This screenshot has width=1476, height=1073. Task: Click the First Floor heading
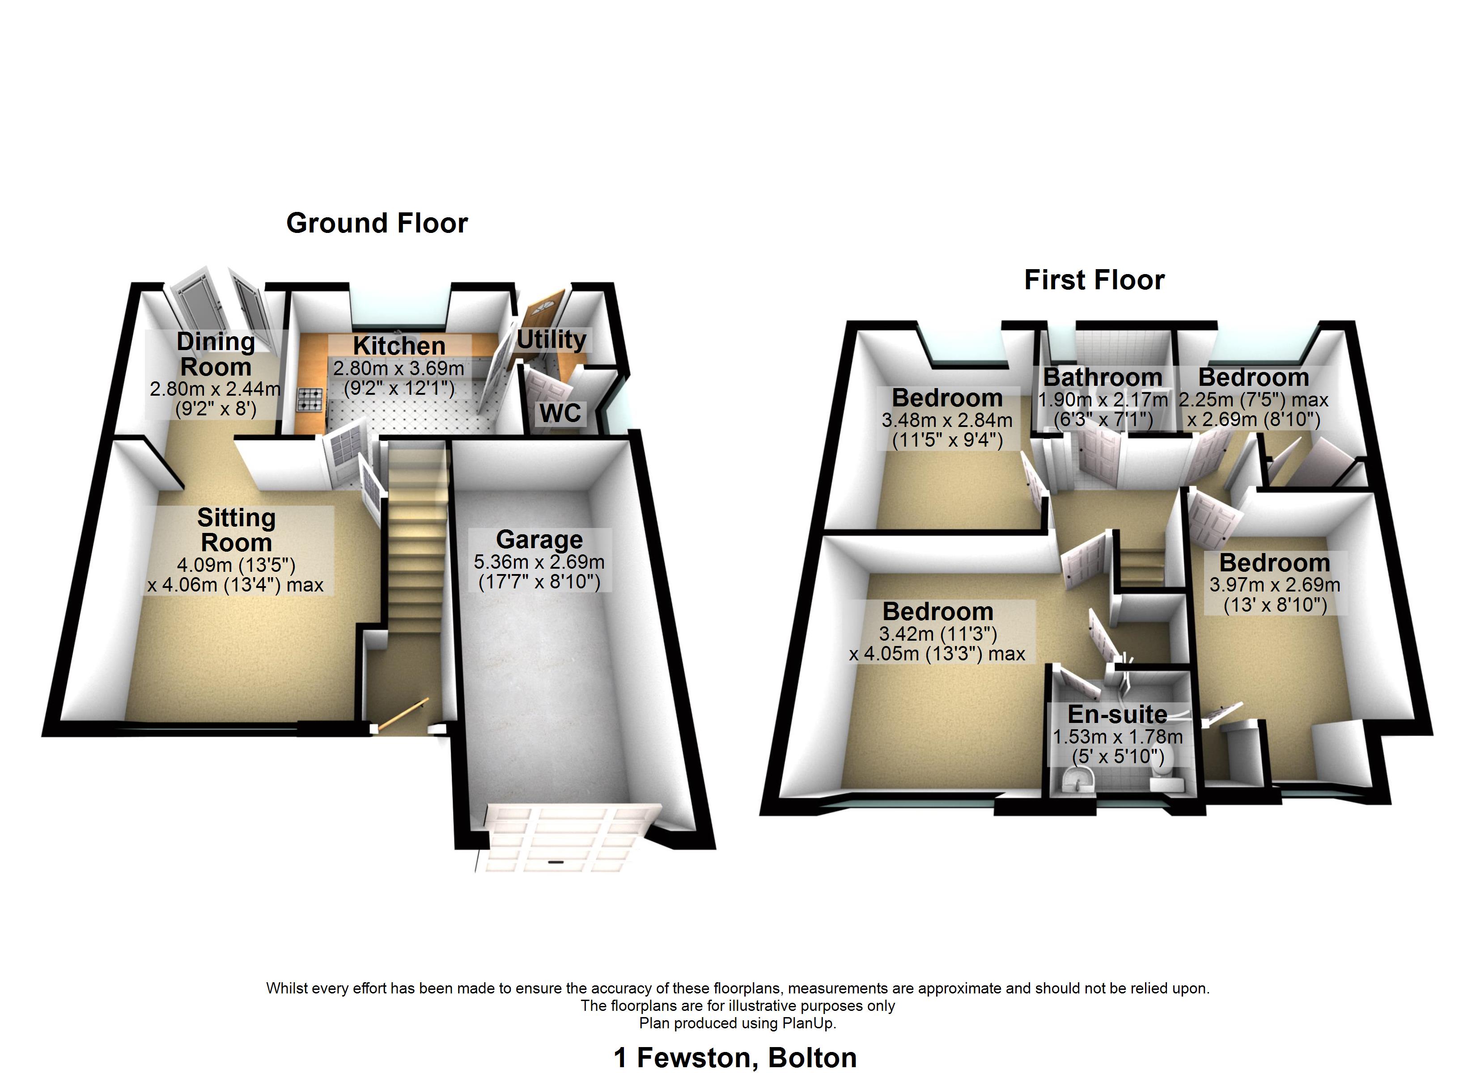pyautogui.click(x=1094, y=280)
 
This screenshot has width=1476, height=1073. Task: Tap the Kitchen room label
pyautogui.click(x=399, y=346)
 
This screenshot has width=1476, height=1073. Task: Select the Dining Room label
pyautogui.click(x=216, y=354)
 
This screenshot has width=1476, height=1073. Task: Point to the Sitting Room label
pyautogui.click(x=236, y=530)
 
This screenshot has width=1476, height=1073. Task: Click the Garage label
pyautogui.click(x=539, y=540)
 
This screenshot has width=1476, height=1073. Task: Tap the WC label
pyautogui.click(x=560, y=413)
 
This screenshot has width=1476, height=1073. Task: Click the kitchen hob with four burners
pyautogui.click(x=310, y=400)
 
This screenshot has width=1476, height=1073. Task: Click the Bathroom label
pyautogui.click(x=1103, y=377)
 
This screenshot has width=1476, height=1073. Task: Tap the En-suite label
pyautogui.click(x=1117, y=714)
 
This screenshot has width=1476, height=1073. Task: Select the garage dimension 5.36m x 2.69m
pyautogui.click(x=539, y=562)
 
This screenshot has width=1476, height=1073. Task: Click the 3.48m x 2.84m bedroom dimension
pyautogui.click(x=947, y=420)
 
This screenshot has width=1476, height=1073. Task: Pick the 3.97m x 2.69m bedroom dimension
pyautogui.click(x=1275, y=585)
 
